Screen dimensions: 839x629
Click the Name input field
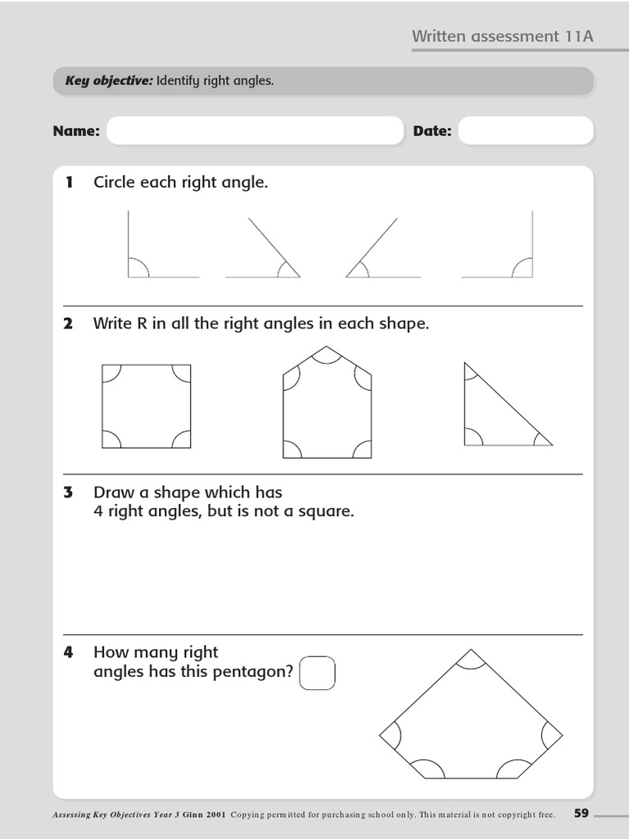255,131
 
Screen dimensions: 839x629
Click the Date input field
525,131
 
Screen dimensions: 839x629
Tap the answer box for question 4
318,673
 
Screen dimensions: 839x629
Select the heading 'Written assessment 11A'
502,36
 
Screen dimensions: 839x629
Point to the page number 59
581,814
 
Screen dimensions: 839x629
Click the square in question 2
147,406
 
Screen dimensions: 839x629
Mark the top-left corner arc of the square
111,374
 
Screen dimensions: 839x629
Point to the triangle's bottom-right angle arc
541,440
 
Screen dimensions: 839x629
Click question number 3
69,492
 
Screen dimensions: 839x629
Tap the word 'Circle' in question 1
115,182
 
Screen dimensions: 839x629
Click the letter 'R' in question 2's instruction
141,324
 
